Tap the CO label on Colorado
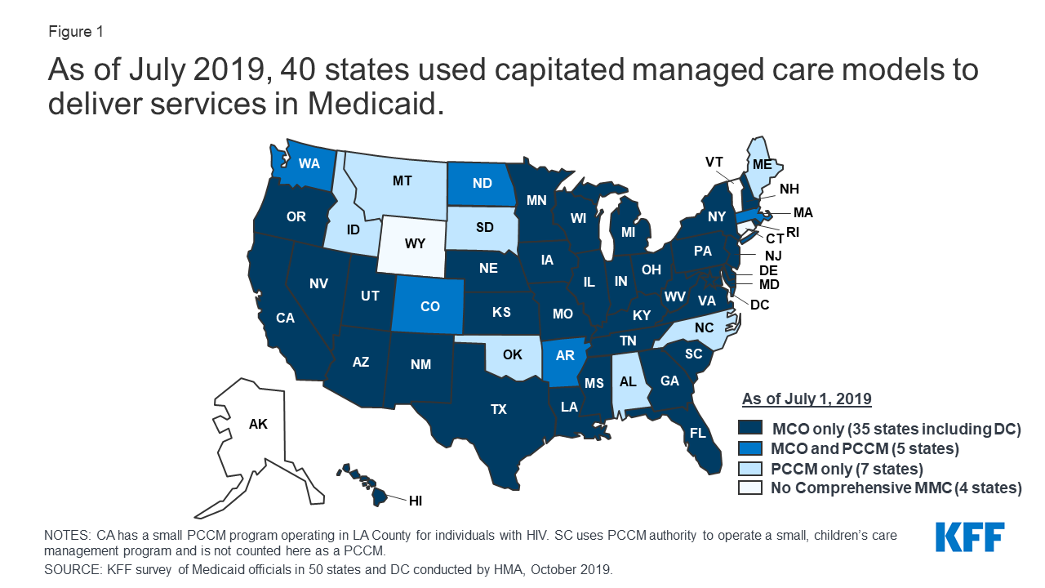430,306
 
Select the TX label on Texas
499,410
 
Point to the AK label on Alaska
258,424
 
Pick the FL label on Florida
697,434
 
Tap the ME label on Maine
763,164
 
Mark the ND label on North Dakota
482,183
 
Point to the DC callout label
760,305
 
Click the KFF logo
970,537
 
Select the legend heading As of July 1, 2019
807,399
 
